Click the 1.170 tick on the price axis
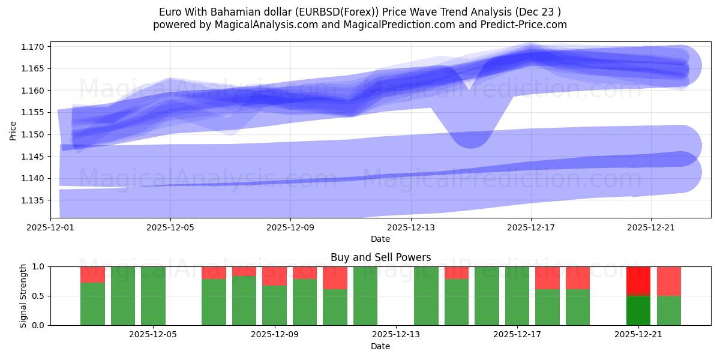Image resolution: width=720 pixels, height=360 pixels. (x=34, y=46)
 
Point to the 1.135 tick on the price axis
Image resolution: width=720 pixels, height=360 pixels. (x=34, y=200)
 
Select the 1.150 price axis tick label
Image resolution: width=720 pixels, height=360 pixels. (x=34, y=134)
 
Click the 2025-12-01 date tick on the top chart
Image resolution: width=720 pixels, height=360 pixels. (x=50, y=227)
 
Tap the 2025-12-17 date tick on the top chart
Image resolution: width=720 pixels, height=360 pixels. (x=531, y=227)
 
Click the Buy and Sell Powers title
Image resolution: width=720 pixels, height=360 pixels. (x=380, y=257)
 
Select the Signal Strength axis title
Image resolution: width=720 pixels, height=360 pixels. (x=23, y=296)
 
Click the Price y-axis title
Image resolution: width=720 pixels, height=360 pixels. (x=13, y=130)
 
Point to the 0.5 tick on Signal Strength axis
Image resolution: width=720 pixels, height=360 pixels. (x=39, y=296)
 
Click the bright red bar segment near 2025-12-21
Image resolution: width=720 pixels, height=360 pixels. (x=638, y=280)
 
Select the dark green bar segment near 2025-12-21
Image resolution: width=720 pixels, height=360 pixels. (x=638, y=311)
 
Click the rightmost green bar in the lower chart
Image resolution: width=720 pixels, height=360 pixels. (x=669, y=311)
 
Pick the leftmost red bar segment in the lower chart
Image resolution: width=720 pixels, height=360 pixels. (x=92, y=274)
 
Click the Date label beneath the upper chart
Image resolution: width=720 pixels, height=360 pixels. (x=380, y=239)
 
